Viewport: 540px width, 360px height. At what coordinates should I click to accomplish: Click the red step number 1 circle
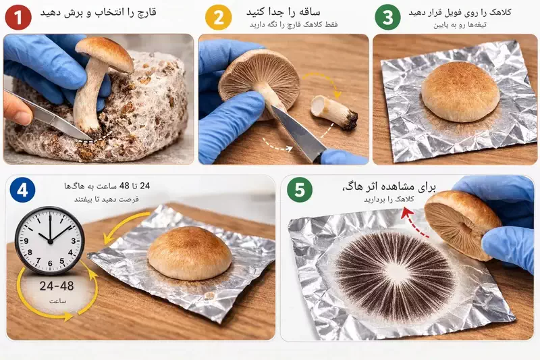coord(18,18)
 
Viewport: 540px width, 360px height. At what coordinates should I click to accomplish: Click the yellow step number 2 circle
coord(218,18)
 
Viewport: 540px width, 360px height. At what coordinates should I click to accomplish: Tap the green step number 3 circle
coord(387,18)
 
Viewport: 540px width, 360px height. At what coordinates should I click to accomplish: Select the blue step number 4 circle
coord(23,190)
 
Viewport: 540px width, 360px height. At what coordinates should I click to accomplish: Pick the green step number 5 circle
coord(300,190)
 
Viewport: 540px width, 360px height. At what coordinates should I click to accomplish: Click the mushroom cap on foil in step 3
coord(460,91)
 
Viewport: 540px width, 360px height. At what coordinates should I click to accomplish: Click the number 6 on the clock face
coord(50,263)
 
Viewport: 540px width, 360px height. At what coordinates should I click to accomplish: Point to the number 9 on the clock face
coord(26,241)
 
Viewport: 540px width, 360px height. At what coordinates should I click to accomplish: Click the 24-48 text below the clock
coord(57,286)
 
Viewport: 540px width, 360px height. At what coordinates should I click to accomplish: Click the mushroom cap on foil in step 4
coord(190,253)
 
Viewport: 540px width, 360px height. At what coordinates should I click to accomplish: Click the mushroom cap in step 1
coord(105,53)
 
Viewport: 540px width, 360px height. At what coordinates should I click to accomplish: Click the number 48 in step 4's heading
coord(124,186)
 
